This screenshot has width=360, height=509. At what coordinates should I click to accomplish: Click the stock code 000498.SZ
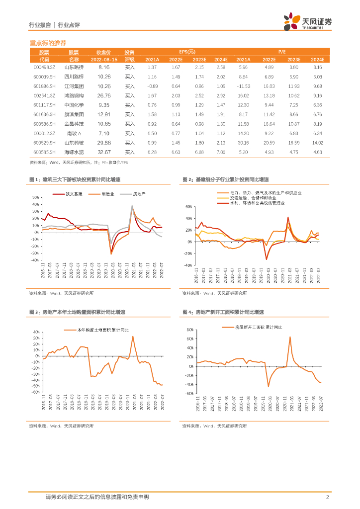44,67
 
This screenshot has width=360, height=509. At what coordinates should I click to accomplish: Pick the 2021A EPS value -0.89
152,86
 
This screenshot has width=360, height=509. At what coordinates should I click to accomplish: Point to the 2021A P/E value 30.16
243,143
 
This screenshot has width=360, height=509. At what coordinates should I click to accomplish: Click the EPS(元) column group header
187,52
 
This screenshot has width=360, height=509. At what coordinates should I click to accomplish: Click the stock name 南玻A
74,133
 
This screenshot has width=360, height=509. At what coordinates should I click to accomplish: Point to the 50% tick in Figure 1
36,197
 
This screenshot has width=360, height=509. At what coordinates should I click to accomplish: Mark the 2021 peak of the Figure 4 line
290,337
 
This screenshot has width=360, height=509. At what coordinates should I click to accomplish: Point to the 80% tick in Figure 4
189,330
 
